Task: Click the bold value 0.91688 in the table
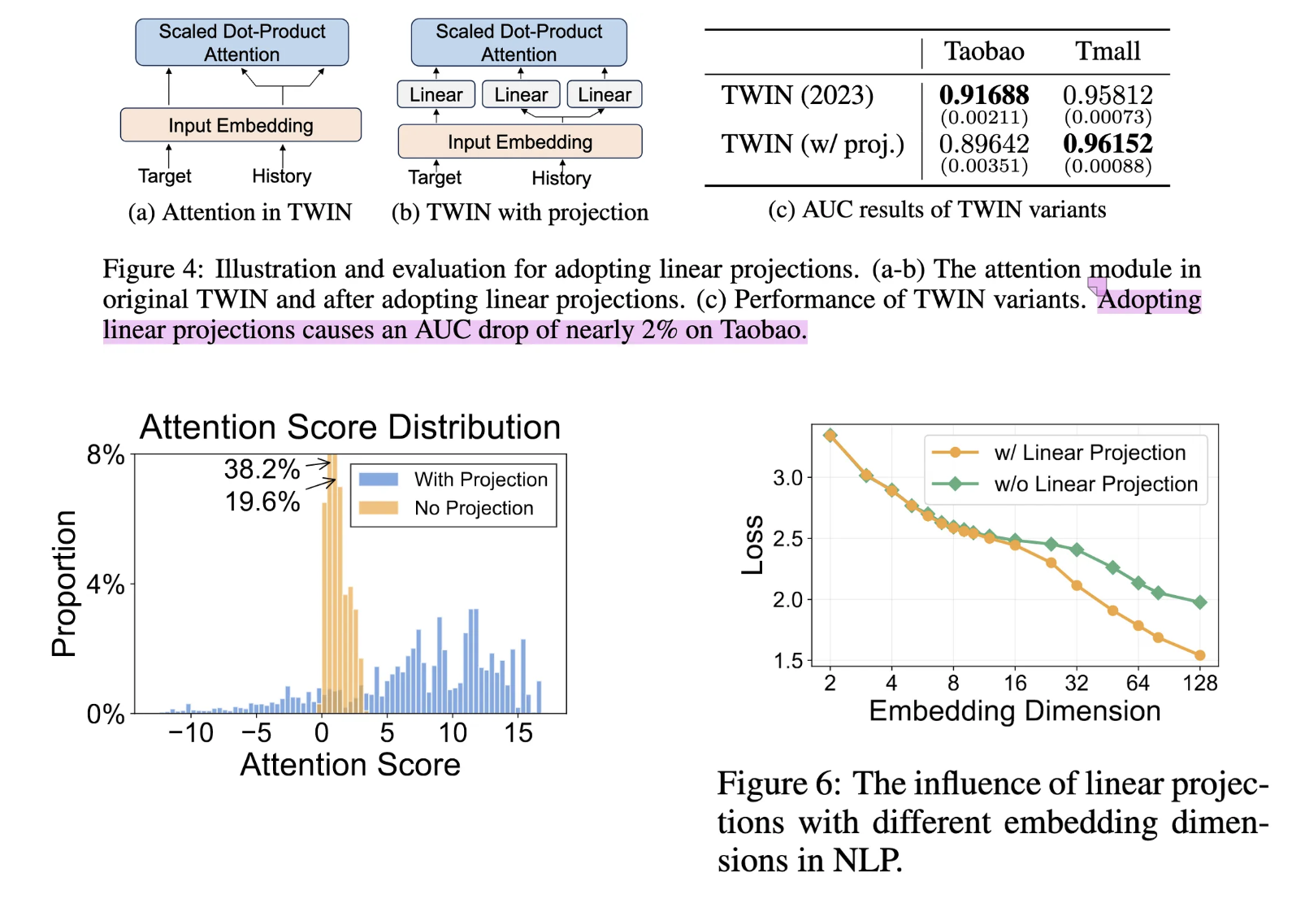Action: coord(983,95)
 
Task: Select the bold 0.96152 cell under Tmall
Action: coord(1108,144)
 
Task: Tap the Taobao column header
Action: coord(983,51)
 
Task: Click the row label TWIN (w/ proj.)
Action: coord(812,145)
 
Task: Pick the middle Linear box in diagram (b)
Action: coord(521,94)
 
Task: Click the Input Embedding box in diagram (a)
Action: coord(241,125)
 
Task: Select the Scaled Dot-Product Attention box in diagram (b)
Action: coord(518,42)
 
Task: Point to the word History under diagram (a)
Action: coord(281,176)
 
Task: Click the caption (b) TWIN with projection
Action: coord(520,213)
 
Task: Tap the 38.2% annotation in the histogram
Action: coord(262,469)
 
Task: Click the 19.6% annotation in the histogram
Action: coord(262,502)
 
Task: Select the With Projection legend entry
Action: coord(480,480)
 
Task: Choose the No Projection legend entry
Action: coord(473,508)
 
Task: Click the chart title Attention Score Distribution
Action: coord(350,428)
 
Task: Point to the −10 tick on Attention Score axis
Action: coord(190,733)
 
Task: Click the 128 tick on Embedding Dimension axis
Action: coord(1199,683)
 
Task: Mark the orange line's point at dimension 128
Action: coord(1200,655)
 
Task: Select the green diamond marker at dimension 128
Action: coord(1200,602)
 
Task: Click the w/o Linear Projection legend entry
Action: coord(1095,484)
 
